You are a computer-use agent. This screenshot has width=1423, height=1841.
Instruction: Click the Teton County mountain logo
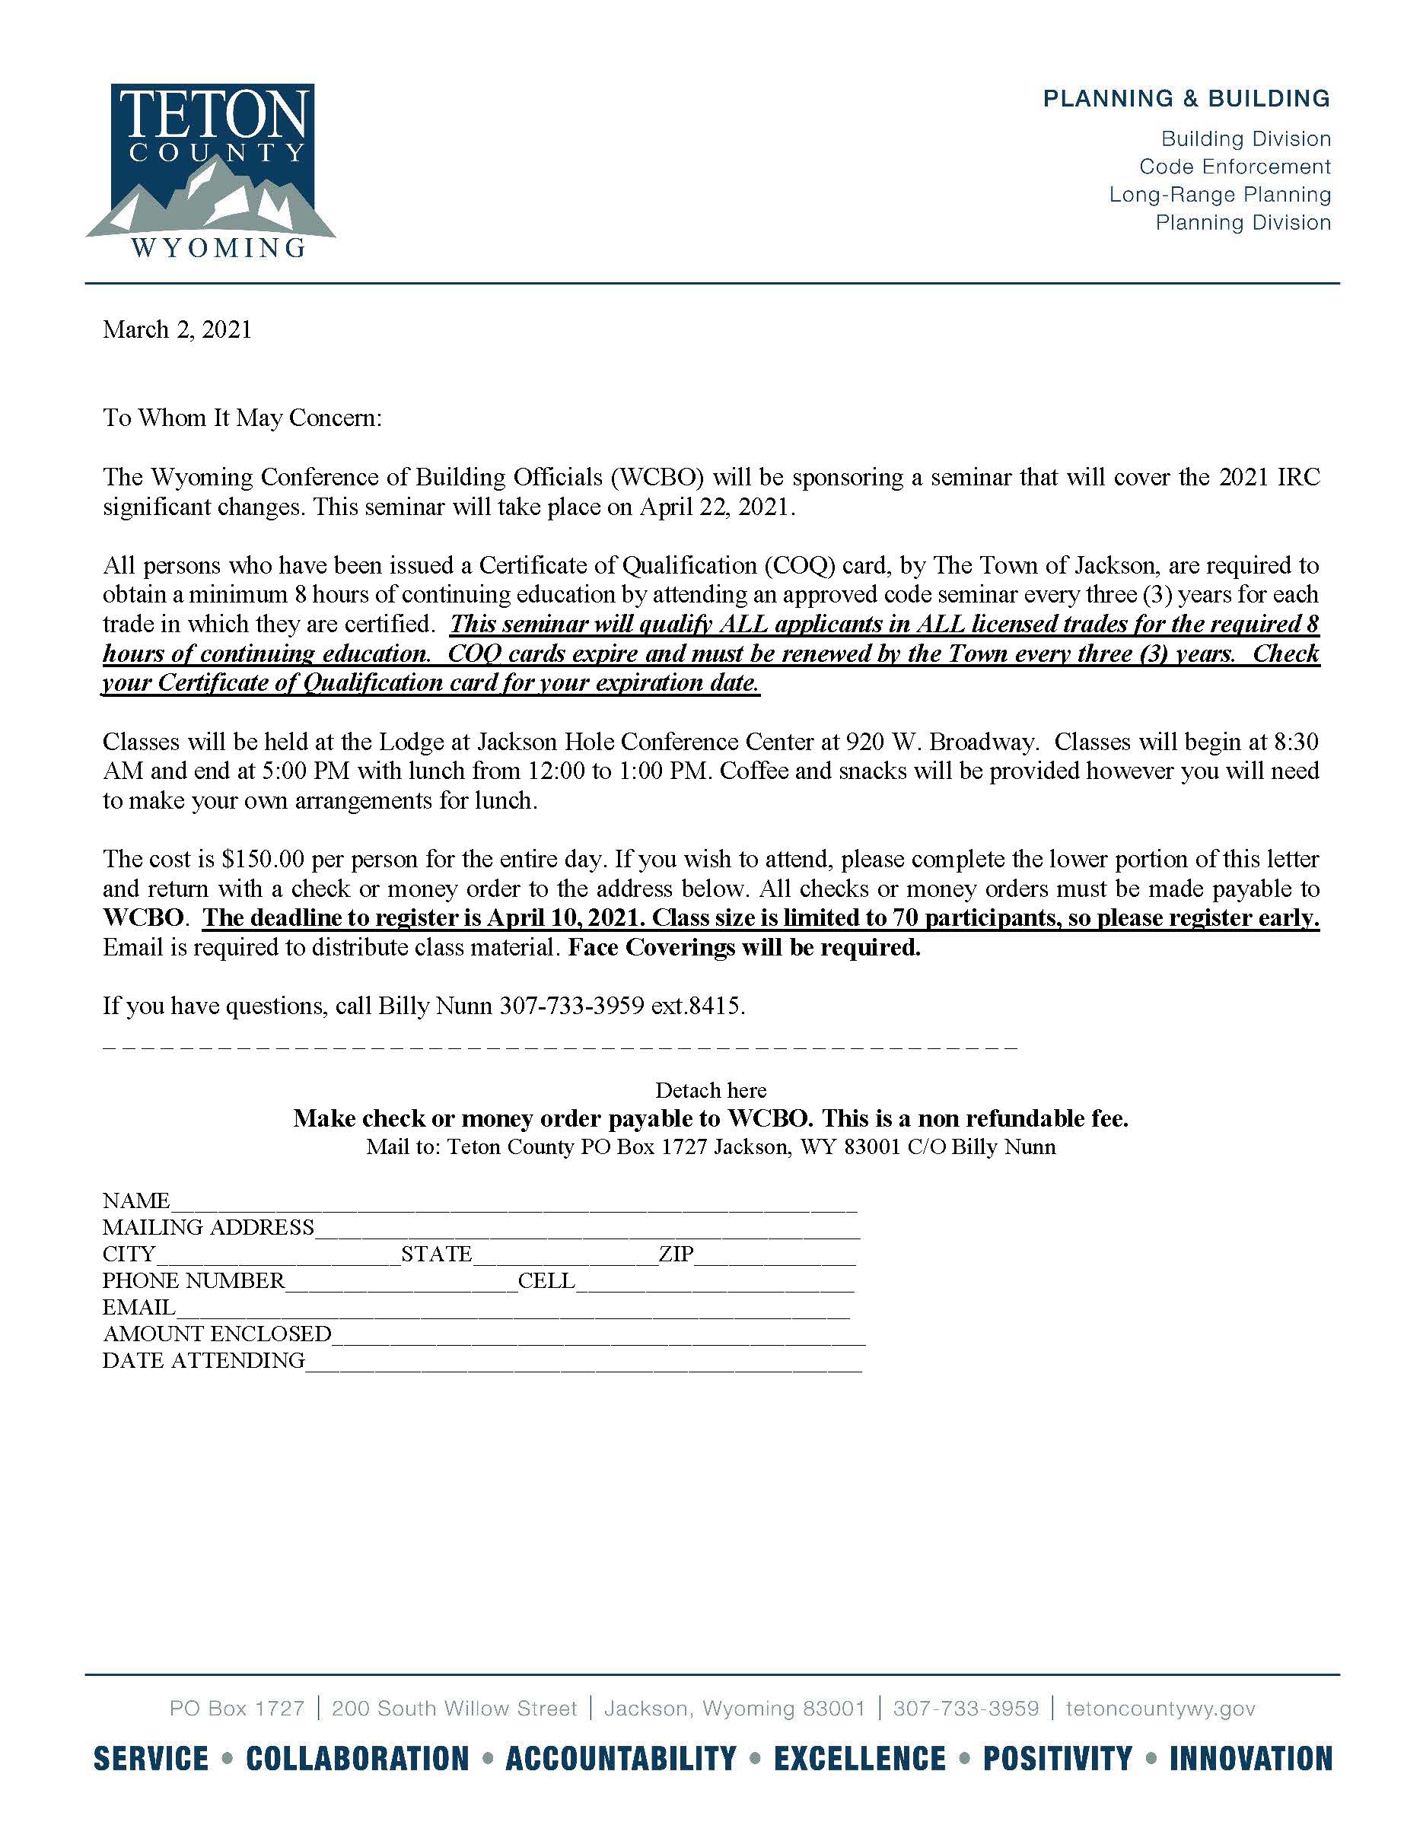[x=211, y=170]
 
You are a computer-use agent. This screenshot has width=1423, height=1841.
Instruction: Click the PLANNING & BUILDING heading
[x=1186, y=99]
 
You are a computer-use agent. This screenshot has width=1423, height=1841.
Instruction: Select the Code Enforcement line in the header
[x=1234, y=167]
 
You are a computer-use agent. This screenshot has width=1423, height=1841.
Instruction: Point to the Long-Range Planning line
[x=1219, y=195]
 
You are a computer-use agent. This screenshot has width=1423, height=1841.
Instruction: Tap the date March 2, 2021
[x=177, y=329]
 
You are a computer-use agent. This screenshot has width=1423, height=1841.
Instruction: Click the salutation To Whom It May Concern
[x=242, y=418]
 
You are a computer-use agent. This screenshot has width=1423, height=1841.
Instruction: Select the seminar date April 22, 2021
[x=724, y=507]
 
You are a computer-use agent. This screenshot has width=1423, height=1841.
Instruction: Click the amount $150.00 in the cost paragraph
[x=263, y=859]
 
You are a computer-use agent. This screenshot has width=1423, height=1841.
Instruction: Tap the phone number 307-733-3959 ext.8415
[x=621, y=1006]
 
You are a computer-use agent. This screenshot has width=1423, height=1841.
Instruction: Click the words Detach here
[x=711, y=1090]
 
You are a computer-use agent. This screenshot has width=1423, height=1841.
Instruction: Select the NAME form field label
[x=135, y=1200]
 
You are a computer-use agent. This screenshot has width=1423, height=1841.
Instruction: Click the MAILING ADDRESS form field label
[x=209, y=1227]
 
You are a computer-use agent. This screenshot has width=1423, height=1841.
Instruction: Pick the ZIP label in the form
[x=675, y=1254]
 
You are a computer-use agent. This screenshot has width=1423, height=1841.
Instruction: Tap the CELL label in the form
[x=546, y=1280]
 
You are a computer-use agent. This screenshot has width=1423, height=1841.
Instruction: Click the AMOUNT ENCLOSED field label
[x=217, y=1334]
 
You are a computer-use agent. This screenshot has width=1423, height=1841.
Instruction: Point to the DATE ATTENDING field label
[x=203, y=1360]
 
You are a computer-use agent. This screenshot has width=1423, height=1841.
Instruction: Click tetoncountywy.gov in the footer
[x=1160, y=1709]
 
